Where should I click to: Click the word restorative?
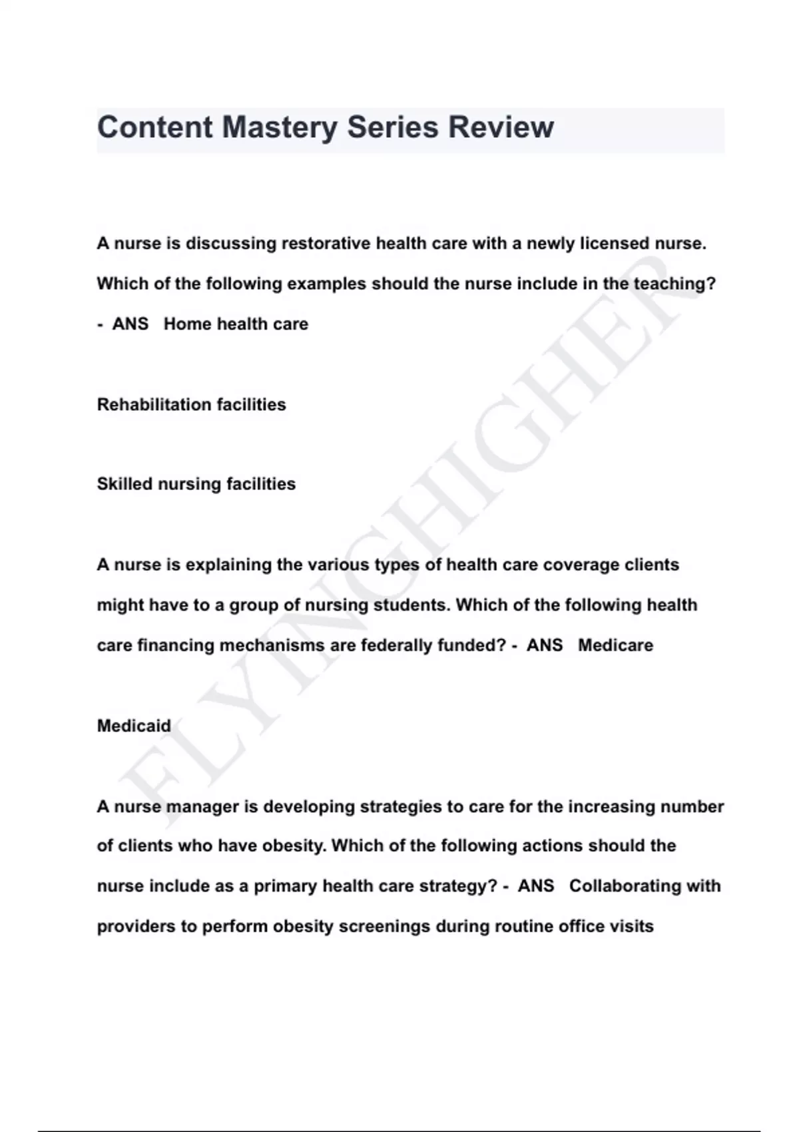[x=326, y=244]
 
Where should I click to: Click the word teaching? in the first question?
[x=674, y=284]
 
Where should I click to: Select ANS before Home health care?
[x=131, y=324]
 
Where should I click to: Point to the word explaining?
[x=228, y=565]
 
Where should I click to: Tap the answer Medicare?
[x=615, y=645]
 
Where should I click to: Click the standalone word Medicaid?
[x=134, y=726]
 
